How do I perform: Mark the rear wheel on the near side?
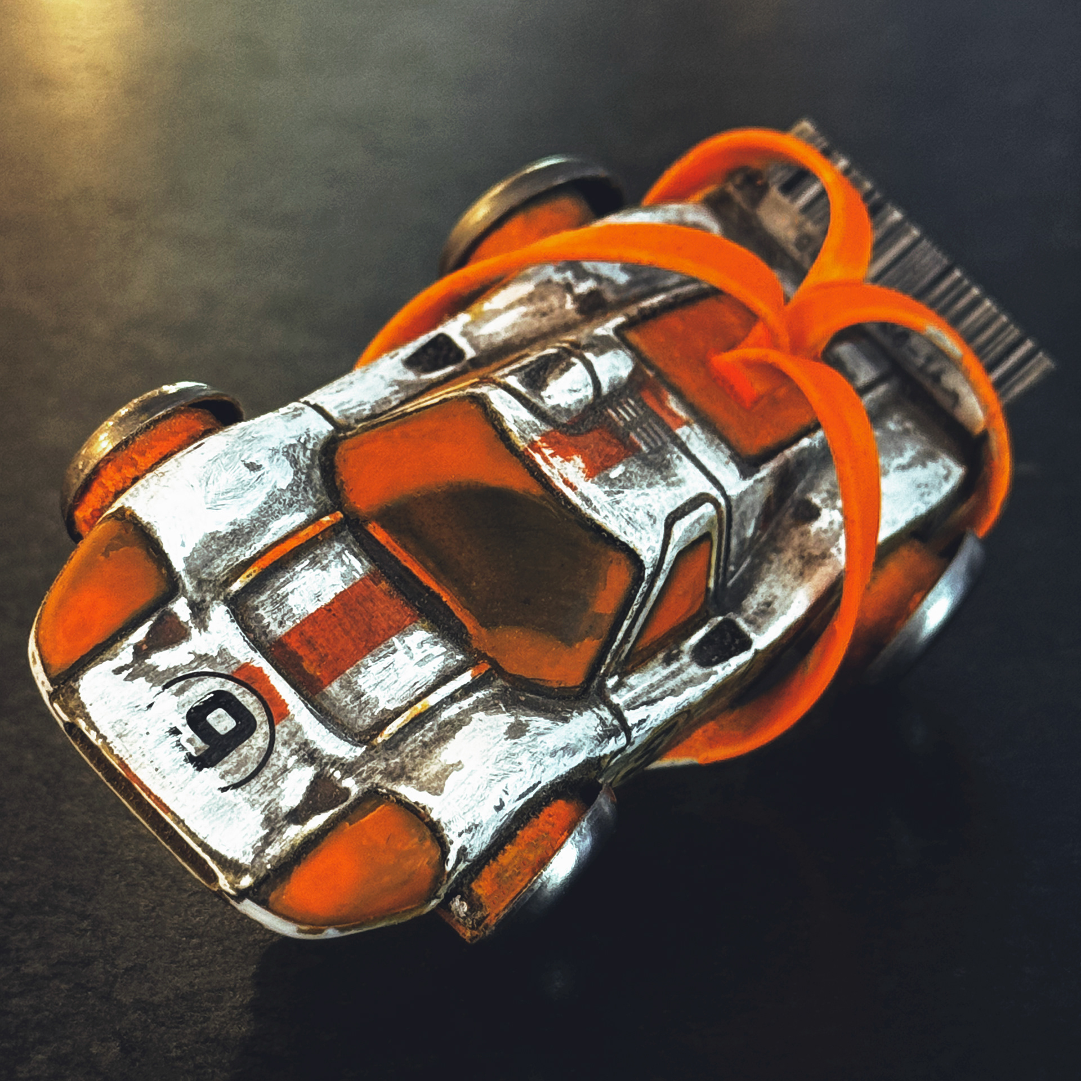(x=923, y=614)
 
